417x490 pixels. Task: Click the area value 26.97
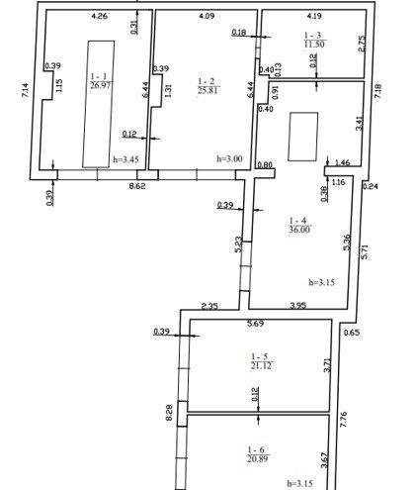(x=101, y=86)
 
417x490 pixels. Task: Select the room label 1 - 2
(x=207, y=81)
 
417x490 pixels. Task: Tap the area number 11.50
(x=314, y=45)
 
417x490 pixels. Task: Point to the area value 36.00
(x=299, y=230)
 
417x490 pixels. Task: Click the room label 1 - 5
(x=260, y=356)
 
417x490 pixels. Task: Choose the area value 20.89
(x=258, y=458)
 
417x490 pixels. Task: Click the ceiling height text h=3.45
(x=125, y=159)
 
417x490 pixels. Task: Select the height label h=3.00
(x=229, y=158)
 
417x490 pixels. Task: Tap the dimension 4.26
(x=99, y=16)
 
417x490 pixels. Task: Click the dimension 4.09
(x=207, y=16)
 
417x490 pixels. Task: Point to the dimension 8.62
(x=137, y=186)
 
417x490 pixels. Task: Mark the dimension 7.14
(x=26, y=90)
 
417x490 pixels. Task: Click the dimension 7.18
(x=377, y=91)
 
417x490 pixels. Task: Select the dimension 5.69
(x=256, y=324)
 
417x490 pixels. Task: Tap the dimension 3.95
(x=298, y=306)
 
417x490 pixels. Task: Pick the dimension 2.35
(x=209, y=306)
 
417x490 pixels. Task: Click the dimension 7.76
(x=344, y=420)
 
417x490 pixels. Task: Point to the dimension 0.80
(x=265, y=164)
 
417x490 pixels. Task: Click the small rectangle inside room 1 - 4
(x=303, y=137)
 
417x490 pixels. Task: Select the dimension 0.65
(x=352, y=333)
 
